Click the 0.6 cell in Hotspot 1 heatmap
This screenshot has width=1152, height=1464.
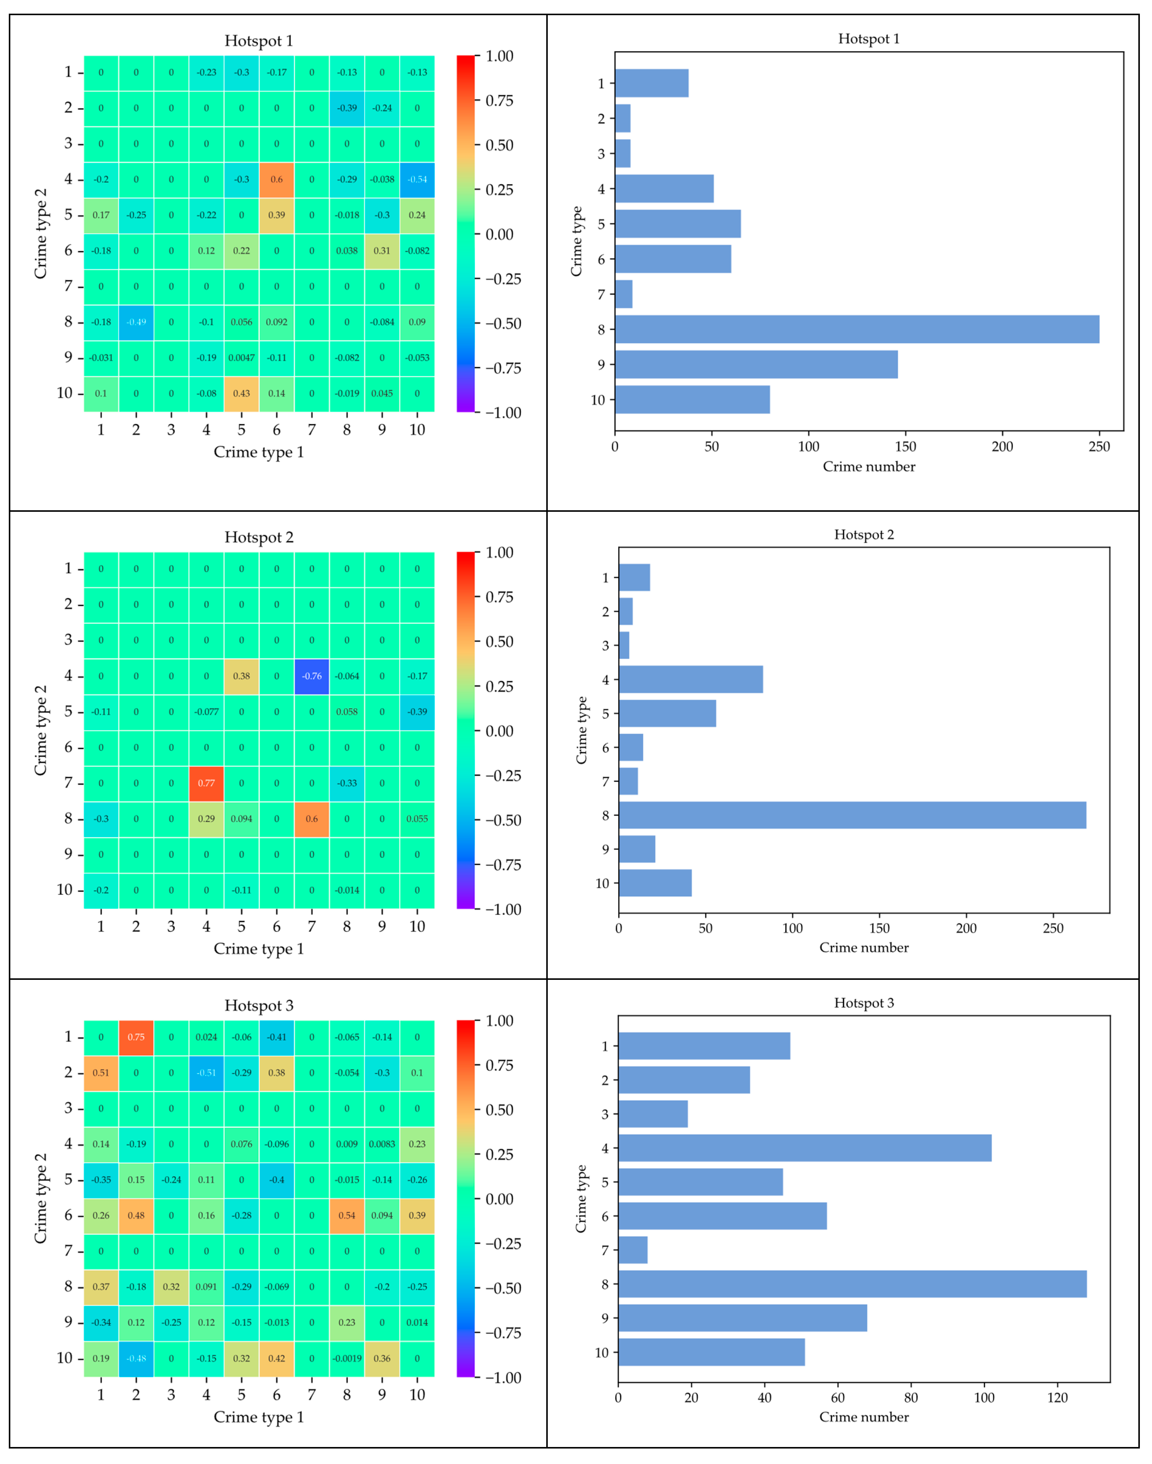(x=277, y=179)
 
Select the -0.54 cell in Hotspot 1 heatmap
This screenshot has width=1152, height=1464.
(x=417, y=179)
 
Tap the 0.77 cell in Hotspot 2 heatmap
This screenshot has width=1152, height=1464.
(x=206, y=783)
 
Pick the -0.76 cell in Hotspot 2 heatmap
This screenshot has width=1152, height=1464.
(x=312, y=676)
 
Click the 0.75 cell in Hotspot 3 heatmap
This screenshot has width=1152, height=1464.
(x=136, y=1037)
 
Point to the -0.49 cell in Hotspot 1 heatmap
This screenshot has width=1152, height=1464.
(x=136, y=322)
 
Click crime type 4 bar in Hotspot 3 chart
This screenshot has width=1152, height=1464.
(x=805, y=1148)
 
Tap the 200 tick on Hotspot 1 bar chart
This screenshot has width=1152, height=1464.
(x=1002, y=447)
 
